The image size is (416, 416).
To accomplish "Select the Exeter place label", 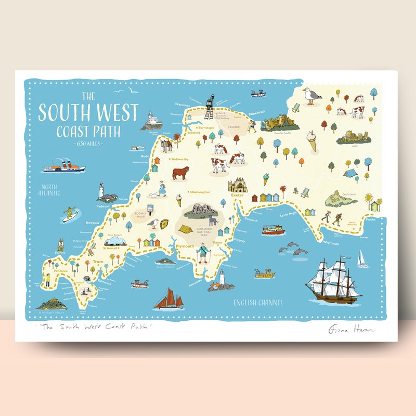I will point(237,196).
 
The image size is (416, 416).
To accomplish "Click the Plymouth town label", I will point(185,246).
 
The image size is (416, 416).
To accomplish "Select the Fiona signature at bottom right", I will point(352,330).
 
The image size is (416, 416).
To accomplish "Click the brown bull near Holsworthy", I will point(180,173).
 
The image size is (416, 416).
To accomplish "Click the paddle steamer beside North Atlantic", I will point(63,166).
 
